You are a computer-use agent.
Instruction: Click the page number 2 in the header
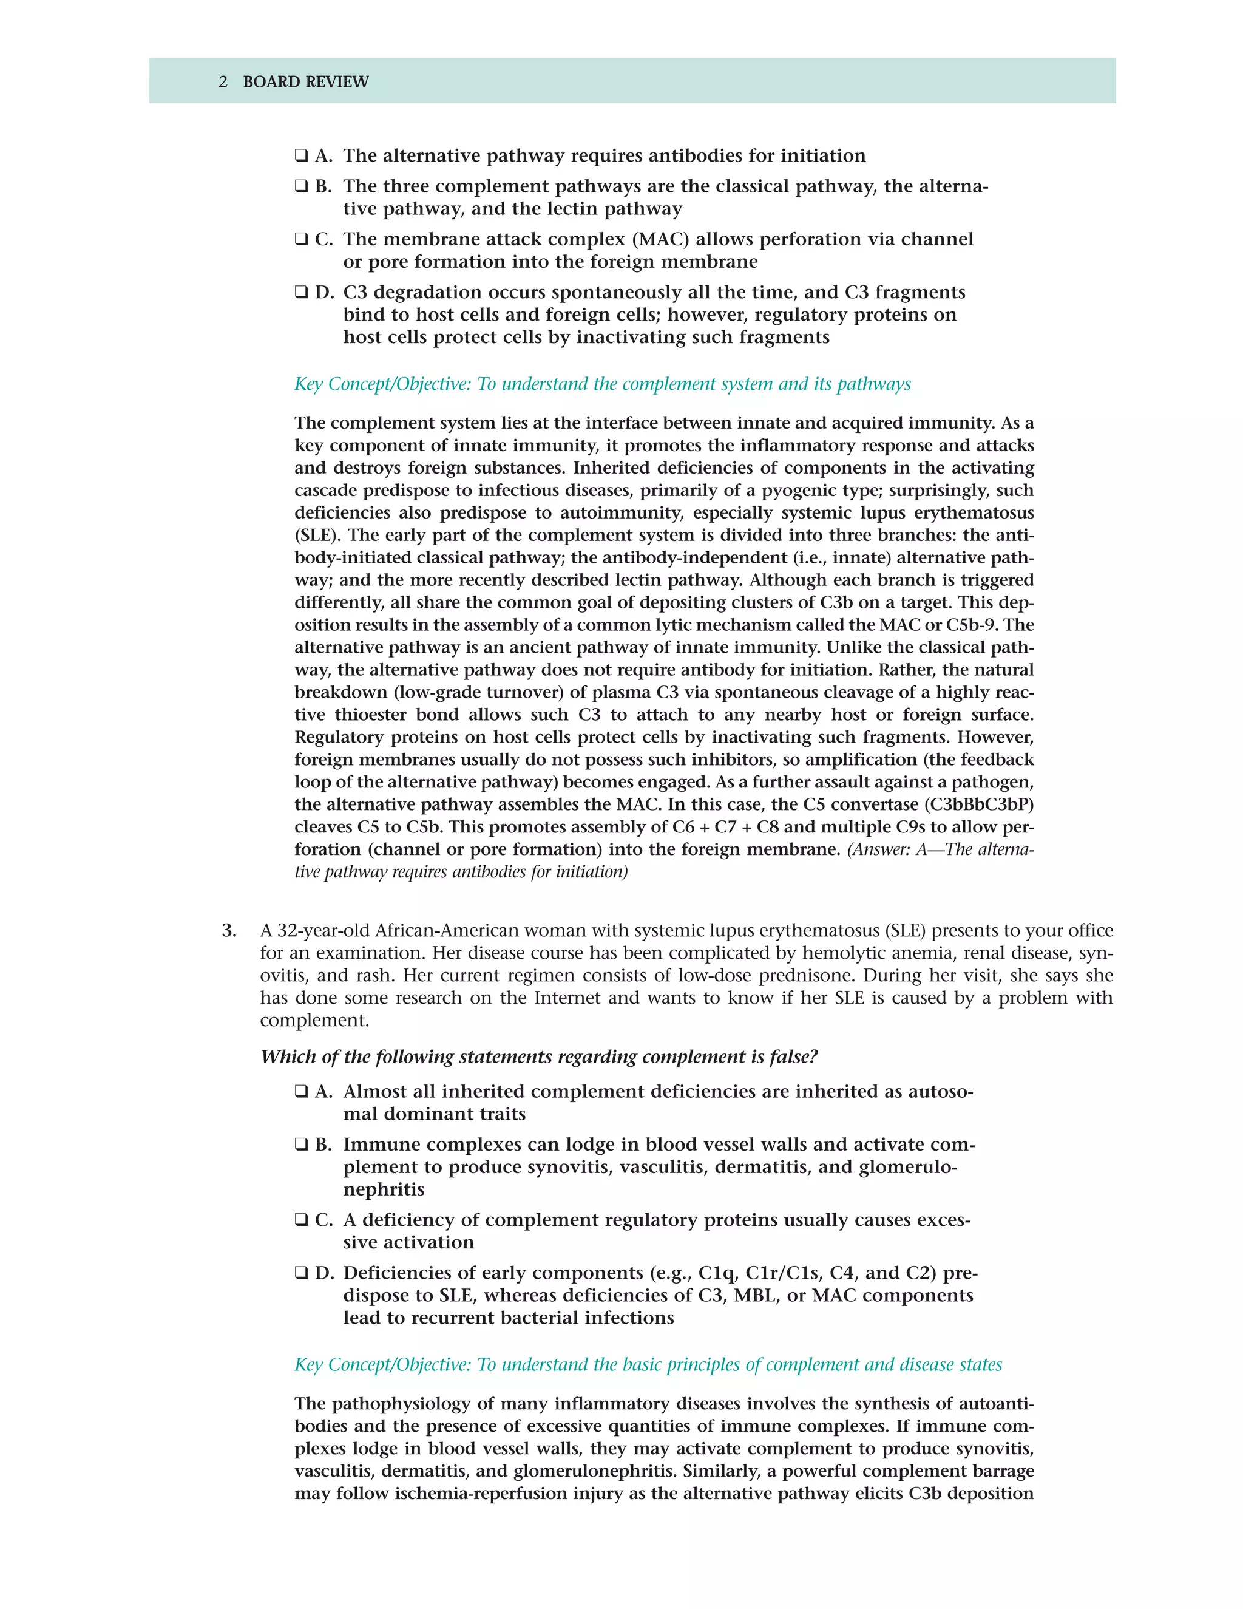click(x=223, y=82)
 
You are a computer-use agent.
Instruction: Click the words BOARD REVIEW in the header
click(x=306, y=82)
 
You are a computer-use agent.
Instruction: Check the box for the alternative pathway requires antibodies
click(x=301, y=156)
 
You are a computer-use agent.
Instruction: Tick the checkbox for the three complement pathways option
click(x=301, y=186)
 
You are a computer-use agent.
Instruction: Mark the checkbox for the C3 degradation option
click(x=301, y=293)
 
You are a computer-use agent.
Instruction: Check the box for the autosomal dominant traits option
click(x=301, y=1092)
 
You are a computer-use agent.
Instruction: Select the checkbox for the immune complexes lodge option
click(x=301, y=1145)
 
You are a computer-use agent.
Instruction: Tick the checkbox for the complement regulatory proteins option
click(x=301, y=1220)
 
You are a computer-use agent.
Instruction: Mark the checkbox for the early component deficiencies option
click(x=301, y=1273)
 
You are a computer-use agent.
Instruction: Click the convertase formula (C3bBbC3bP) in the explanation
click(x=980, y=804)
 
